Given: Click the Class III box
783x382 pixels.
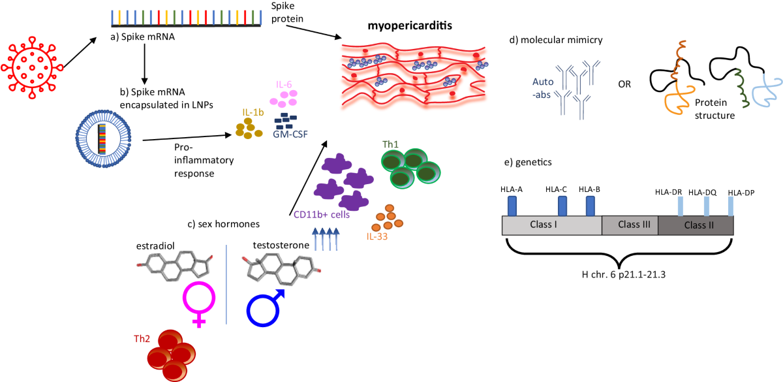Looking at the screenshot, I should [629, 225].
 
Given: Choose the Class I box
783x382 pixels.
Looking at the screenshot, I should [551, 225].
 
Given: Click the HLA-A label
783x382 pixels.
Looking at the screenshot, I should [512, 189].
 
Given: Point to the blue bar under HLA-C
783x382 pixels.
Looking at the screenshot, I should [562, 205].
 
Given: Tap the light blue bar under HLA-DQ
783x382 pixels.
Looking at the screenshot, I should [706, 206].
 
